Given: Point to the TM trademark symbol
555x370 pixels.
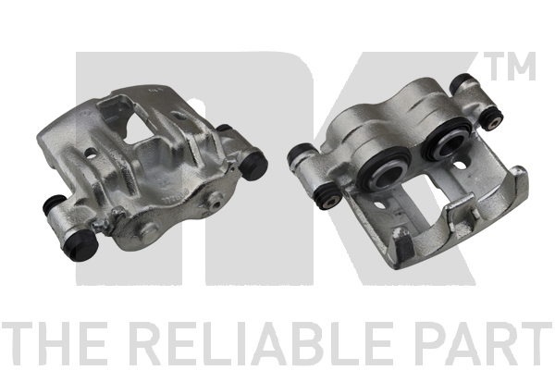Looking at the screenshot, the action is point(509,67).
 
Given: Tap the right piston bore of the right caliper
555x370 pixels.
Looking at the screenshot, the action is point(448,140).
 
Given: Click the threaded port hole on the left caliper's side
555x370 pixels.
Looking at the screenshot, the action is point(215,203).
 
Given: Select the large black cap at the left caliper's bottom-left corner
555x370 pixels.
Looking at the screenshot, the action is point(82,245).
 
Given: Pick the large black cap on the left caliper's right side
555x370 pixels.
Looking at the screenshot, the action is point(253,165).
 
